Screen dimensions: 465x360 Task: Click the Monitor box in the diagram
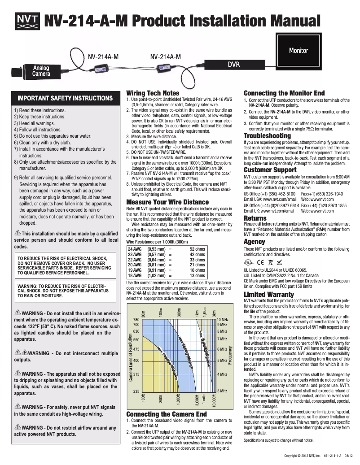tap(298, 50)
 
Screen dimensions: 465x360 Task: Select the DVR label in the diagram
tap(233, 65)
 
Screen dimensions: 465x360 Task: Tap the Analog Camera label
tap(40, 70)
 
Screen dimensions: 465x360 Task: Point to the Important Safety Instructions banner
tap(65, 98)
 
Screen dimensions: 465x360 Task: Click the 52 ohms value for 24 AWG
tap(197, 248)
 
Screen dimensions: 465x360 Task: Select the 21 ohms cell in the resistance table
tap(197, 265)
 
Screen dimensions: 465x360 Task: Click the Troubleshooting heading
tap(267, 135)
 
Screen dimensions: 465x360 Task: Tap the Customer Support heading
tap(270, 170)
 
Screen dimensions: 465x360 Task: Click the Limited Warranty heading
tap(268, 294)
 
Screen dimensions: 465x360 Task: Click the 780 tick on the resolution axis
tap(137, 319)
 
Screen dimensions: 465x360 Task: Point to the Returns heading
tap(255, 218)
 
